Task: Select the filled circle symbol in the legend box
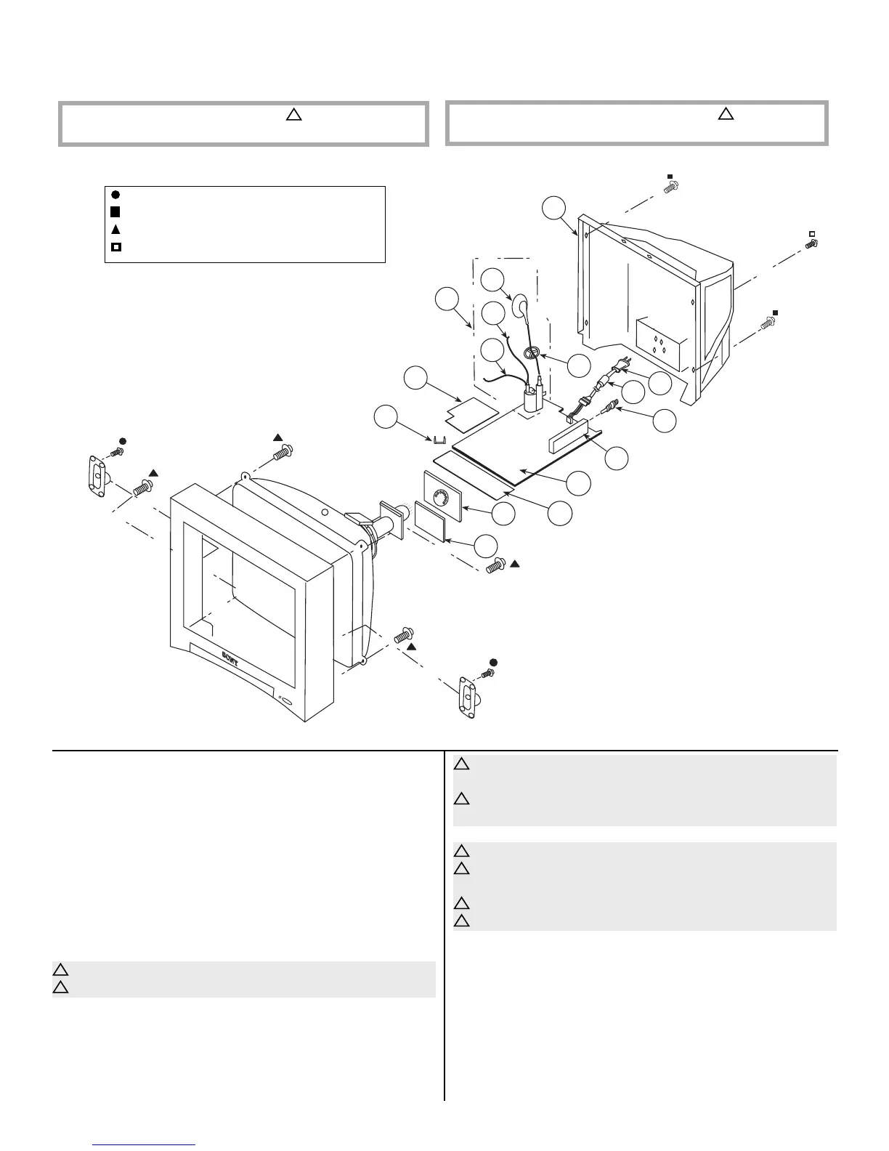click(x=115, y=194)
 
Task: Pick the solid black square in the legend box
click(x=115, y=211)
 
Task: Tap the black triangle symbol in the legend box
click(x=115, y=229)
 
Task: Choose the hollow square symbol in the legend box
click(x=115, y=247)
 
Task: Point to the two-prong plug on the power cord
click(x=622, y=365)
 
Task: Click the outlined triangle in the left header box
click(x=293, y=114)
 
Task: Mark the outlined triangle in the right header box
click(x=726, y=114)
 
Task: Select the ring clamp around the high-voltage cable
click(x=532, y=353)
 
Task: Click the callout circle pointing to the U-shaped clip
click(x=386, y=418)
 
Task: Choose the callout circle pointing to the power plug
click(x=659, y=383)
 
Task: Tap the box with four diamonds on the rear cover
click(x=661, y=344)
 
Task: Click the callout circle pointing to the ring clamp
click(x=579, y=366)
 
